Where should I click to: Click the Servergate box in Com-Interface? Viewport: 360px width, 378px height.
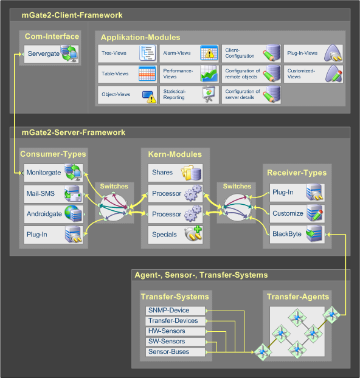pos(52,54)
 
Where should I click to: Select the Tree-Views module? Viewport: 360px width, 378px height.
pos(128,53)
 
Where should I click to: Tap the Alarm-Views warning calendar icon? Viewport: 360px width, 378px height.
pos(209,53)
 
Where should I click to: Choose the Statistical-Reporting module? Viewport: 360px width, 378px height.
pos(189,95)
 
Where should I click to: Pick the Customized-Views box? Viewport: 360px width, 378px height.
pos(313,74)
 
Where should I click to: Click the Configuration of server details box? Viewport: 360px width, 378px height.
pos(251,95)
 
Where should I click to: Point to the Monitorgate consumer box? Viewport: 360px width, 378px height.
pos(54,173)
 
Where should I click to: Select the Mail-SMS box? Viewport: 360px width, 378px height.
pos(54,194)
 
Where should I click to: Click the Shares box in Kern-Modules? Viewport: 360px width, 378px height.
pos(175,173)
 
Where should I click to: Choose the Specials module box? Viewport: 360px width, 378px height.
pos(175,235)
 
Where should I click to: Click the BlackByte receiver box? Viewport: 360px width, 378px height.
pos(297,235)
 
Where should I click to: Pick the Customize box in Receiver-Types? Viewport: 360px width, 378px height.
pos(297,213)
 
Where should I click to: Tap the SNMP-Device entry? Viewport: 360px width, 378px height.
pos(175,311)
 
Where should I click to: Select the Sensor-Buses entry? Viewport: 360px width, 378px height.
pos(175,352)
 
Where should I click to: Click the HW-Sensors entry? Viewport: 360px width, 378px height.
pos(175,331)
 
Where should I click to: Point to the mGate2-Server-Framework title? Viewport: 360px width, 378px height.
pos(74,132)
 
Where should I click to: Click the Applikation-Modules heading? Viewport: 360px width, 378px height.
pos(140,37)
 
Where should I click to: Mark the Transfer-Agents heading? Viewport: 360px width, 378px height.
pos(298,297)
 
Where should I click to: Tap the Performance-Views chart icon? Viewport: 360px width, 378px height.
pos(209,74)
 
